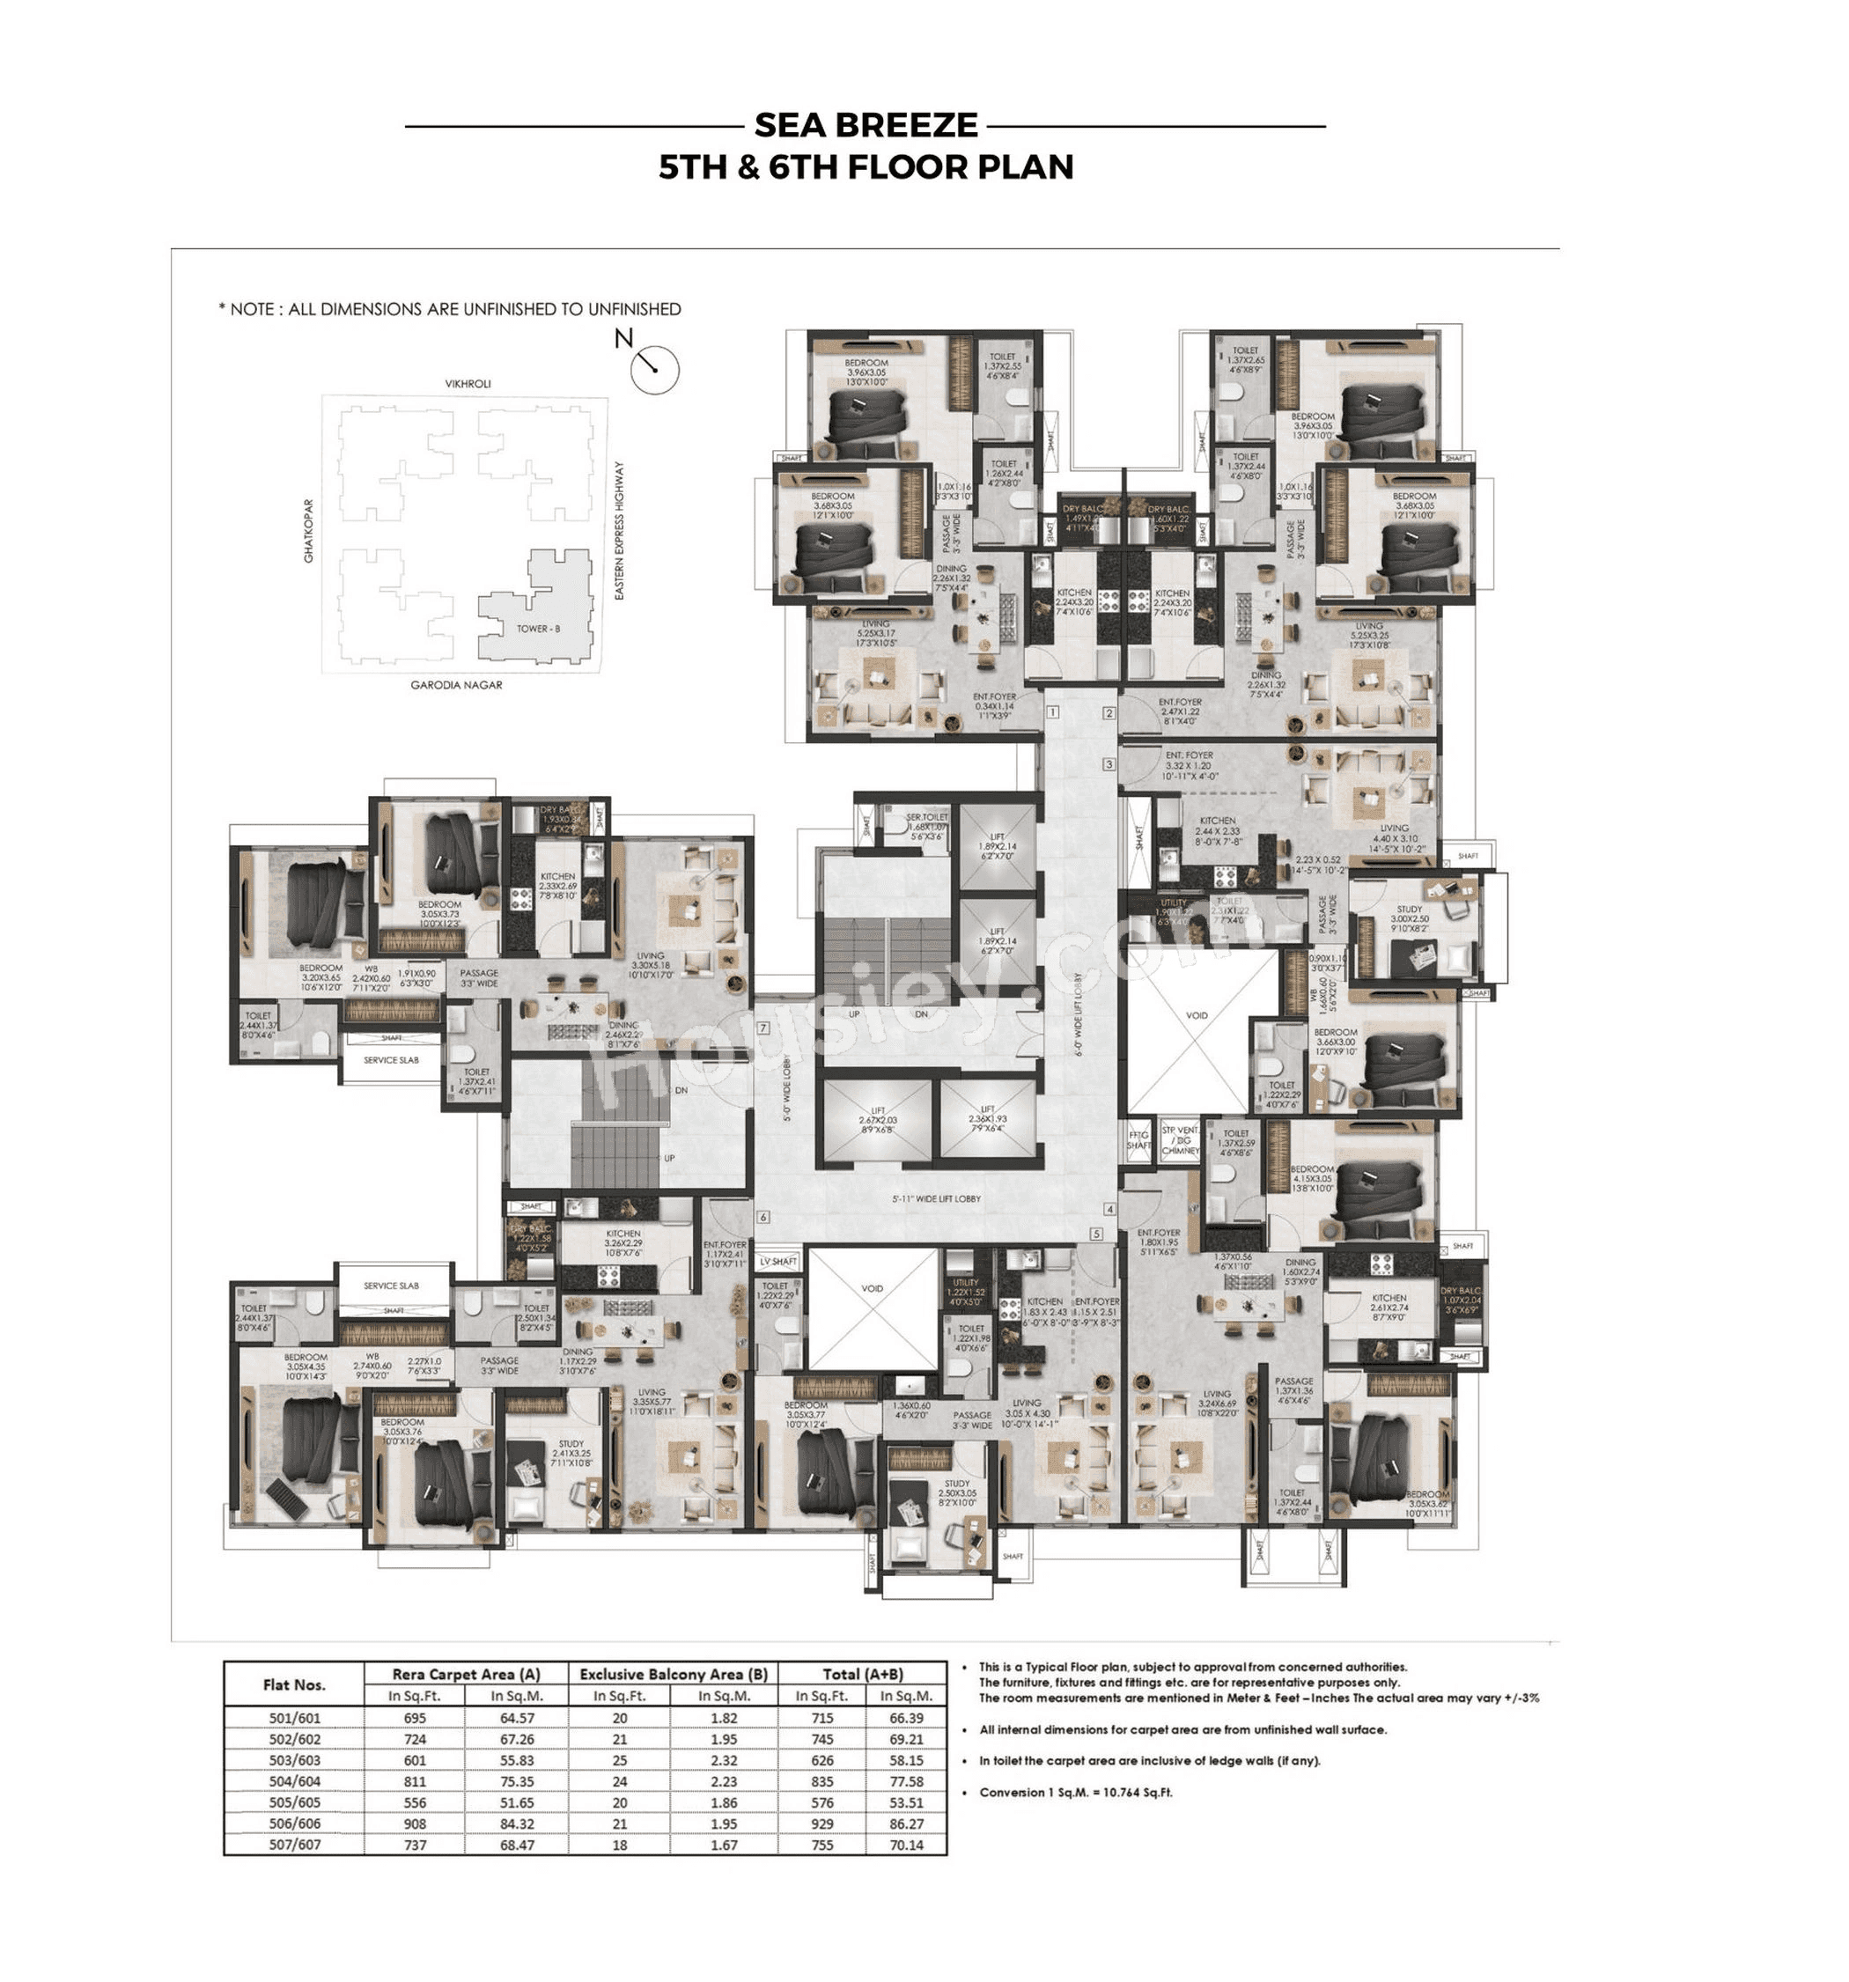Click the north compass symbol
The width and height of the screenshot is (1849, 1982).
point(654,369)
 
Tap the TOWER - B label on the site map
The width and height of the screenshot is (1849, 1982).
point(538,629)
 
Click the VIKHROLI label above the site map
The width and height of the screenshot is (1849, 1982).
point(468,384)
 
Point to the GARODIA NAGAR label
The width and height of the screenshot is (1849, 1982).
point(456,685)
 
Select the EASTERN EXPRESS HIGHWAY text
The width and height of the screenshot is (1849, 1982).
point(619,530)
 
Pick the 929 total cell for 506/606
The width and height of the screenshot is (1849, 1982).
point(822,1824)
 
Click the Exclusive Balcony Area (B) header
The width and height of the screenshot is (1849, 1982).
point(673,1674)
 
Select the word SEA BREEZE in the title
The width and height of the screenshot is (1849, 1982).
point(866,126)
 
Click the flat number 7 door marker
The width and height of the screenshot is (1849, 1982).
point(763,1028)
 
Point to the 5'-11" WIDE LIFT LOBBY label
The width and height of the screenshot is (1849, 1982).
point(936,1199)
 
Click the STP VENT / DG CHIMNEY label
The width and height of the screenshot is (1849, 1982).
point(1180,1140)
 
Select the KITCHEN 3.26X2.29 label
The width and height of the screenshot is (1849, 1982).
point(623,1239)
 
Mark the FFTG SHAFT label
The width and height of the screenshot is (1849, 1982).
point(1138,1140)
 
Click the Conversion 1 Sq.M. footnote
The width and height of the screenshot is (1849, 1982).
point(1076,1793)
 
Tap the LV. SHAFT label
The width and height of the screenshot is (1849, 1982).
point(778,1262)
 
